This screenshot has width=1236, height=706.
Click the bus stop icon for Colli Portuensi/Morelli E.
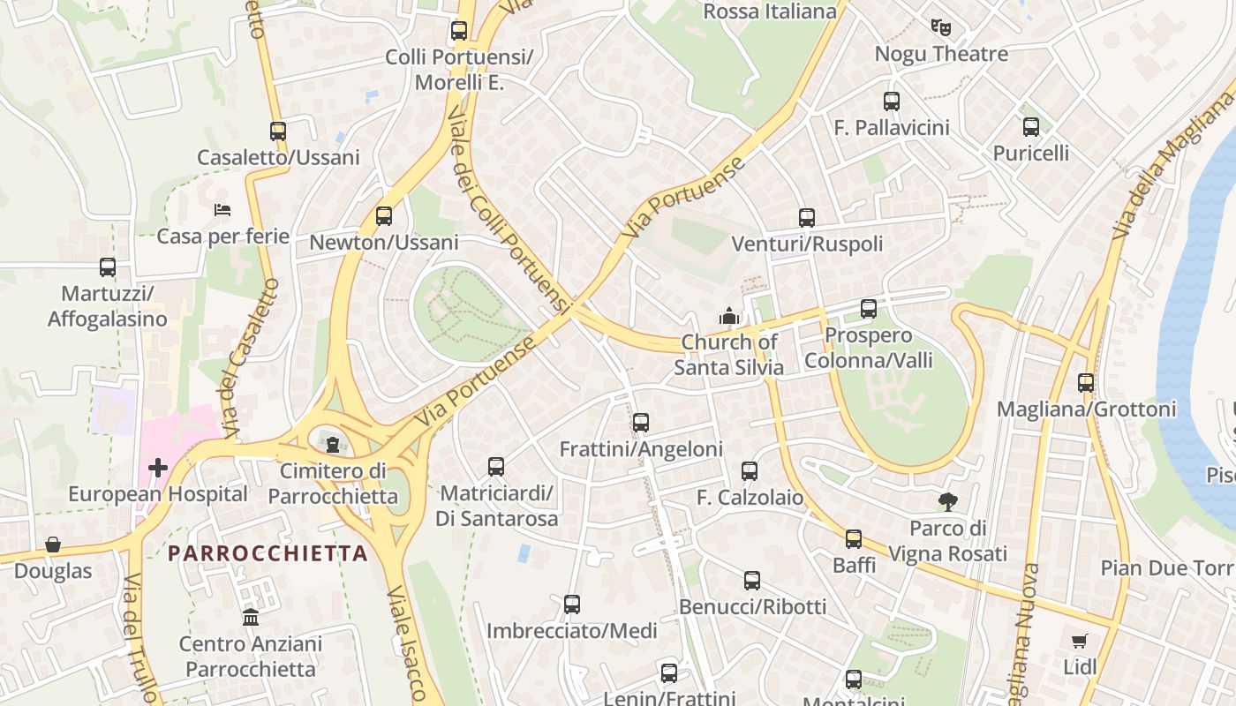point(459,31)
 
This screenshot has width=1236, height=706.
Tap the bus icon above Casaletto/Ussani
point(278,131)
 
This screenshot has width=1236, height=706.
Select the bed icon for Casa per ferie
point(222,210)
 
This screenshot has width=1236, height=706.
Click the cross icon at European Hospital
point(158,467)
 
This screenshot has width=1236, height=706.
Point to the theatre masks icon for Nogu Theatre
point(940,27)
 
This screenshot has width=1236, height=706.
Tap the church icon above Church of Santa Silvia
point(728,315)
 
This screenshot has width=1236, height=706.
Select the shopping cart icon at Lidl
point(1079,641)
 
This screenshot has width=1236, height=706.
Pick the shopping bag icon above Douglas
point(53,545)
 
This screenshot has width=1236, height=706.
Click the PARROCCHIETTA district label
point(268,553)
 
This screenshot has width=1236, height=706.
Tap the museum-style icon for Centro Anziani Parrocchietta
point(251,617)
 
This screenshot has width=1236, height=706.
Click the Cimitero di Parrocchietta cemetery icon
point(333,443)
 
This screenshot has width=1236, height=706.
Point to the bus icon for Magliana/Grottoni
point(1086,383)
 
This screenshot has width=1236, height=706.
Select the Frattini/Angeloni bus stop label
point(641,449)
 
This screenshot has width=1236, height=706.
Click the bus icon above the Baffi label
point(853,538)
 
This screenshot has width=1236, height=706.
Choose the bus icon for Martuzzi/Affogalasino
point(108,267)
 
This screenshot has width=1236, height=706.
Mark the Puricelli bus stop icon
point(1031,126)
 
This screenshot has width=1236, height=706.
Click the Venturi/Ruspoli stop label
point(807,244)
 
